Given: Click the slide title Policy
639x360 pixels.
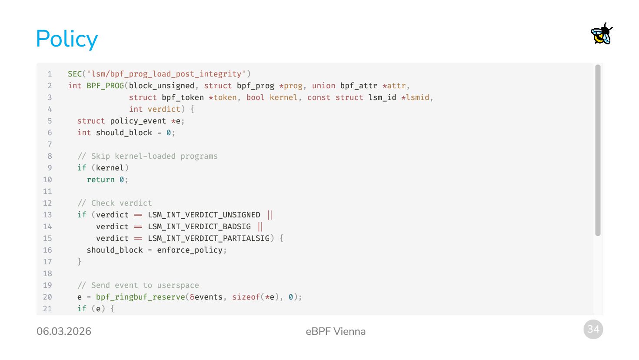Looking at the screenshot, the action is (x=67, y=39).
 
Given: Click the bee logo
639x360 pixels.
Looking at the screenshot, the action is (x=602, y=34).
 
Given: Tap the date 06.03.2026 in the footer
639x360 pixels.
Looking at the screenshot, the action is (x=64, y=331).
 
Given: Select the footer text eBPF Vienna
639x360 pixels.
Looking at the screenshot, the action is (x=336, y=331).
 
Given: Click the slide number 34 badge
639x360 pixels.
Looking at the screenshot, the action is (x=593, y=329).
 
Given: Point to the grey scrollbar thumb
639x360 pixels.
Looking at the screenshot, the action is (x=598, y=150).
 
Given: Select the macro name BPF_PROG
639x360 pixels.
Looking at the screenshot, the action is (x=105, y=86).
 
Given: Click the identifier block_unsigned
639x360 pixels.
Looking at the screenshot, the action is (x=161, y=86).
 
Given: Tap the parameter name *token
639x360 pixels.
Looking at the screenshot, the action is (x=223, y=97).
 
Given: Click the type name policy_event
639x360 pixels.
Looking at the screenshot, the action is (x=138, y=121).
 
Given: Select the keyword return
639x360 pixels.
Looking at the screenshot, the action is (x=100, y=180).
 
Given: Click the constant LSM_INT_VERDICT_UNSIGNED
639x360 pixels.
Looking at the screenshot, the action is (x=204, y=215).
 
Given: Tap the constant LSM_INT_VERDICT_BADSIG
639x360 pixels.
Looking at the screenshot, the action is (x=199, y=227).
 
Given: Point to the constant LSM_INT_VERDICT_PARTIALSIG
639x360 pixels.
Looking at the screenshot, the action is (x=209, y=238).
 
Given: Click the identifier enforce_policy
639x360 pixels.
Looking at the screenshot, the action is (x=190, y=250).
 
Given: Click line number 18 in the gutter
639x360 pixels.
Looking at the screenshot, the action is (x=47, y=273).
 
